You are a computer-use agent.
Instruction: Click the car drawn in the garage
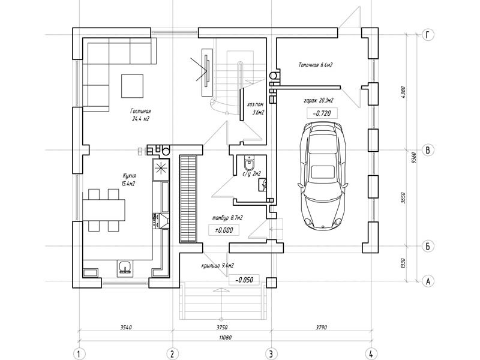323,176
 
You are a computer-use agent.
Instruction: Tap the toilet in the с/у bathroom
249,163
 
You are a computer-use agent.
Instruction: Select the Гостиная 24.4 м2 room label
140,115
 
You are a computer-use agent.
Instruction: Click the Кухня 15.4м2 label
129,179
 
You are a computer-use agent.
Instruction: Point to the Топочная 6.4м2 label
316,65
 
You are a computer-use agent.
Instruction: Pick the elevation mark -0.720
322,113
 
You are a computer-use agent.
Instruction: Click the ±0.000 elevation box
224,230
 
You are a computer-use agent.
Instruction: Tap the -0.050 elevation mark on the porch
244,280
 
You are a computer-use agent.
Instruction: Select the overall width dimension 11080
226,337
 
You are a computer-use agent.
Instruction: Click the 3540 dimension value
126,327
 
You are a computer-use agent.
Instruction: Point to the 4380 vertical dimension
403,92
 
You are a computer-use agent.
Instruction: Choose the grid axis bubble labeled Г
428,35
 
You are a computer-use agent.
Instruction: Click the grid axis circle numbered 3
271,354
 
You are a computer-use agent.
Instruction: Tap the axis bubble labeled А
428,281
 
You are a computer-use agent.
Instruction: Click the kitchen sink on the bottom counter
125,267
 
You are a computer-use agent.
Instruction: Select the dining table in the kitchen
104,210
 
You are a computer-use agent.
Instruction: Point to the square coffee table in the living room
132,86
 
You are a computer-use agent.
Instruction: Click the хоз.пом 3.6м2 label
256,109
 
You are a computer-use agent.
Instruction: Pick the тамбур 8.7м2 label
227,218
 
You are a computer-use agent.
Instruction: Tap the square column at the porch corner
271,283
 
